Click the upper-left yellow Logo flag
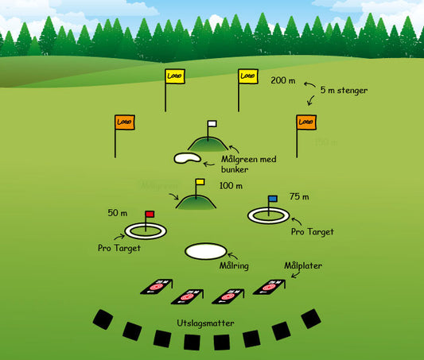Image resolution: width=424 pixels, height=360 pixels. (174, 76)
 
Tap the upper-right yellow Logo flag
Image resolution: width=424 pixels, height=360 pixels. (248, 76)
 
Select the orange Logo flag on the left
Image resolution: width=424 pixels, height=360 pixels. (124, 122)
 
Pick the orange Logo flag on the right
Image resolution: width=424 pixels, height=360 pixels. (305, 122)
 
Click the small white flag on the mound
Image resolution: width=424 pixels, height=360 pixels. (212, 124)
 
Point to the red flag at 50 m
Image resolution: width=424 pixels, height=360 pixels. (150, 214)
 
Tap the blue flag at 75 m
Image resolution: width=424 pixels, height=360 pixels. (273, 199)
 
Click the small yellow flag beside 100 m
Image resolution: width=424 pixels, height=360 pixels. (200, 182)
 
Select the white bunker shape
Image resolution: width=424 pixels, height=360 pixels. (187, 158)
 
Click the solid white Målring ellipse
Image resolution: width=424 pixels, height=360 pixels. (211, 250)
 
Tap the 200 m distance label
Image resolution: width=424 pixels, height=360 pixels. (283, 81)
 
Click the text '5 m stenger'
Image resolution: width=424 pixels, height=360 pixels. (344, 91)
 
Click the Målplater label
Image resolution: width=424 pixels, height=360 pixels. (303, 265)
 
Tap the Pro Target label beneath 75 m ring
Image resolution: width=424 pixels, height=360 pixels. (312, 231)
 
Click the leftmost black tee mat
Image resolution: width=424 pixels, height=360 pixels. (103, 319)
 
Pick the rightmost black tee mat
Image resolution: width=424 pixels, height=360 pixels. (311, 319)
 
